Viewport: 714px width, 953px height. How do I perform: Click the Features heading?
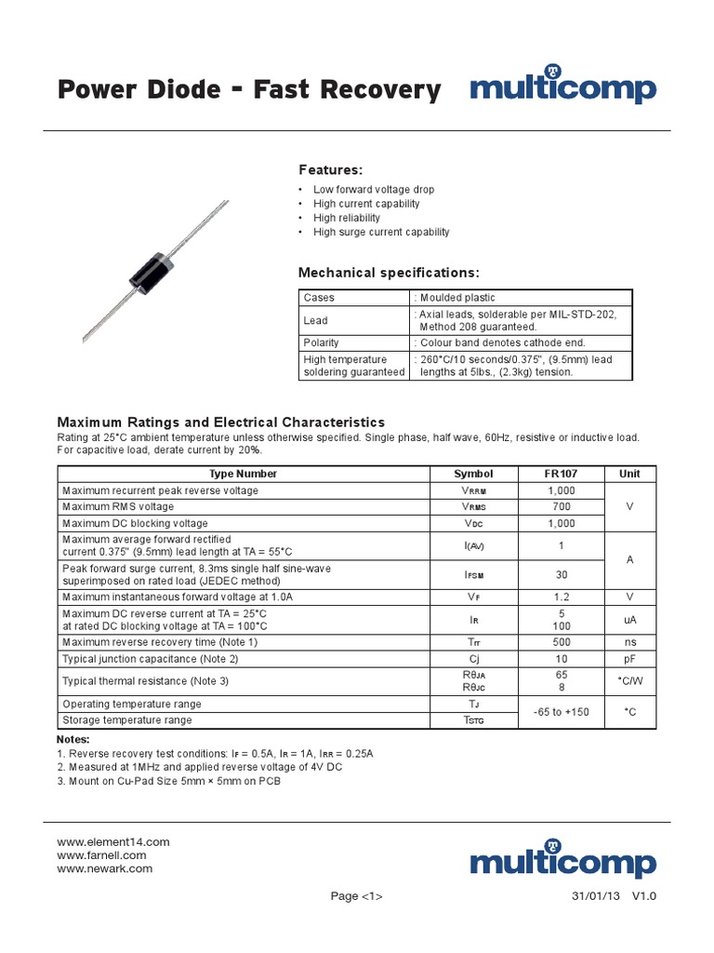pyautogui.click(x=330, y=169)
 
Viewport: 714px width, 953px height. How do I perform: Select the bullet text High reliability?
pyautogui.click(x=346, y=218)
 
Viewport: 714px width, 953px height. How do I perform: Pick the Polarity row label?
pyautogui.click(x=321, y=342)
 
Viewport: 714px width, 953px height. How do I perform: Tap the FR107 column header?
pyautogui.click(x=561, y=474)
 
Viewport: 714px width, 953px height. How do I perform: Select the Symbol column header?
pyautogui.click(x=473, y=474)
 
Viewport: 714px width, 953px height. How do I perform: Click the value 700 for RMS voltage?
pyautogui.click(x=561, y=506)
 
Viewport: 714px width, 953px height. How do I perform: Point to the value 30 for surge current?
pyautogui.click(x=561, y=574)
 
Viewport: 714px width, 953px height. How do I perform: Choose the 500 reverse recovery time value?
pyautogui.click(x=561, y=642)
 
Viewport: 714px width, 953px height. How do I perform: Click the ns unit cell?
pyautogui.click(x=629, y=642)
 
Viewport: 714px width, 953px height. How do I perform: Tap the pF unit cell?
pyautogui.click(x=629, y=659)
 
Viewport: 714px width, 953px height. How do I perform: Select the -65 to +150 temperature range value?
pyautogui.click(x=561, y=712)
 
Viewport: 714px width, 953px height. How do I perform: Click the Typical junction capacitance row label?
pyautogui.click(x=150, y=659)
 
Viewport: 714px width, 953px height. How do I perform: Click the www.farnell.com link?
pyautogui.click(x=101, y=855)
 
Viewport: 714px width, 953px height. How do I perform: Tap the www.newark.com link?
pyautogui.click(x=104, y=868)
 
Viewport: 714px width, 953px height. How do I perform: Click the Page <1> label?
pyautogui.click(x=356, y=896)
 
